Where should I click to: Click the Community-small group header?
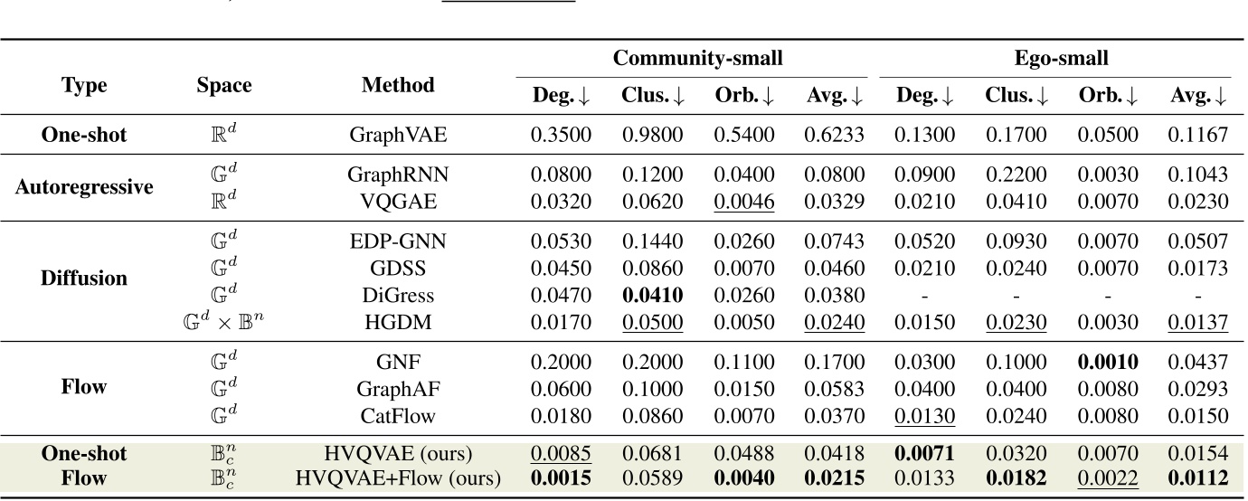[x=697, y=59]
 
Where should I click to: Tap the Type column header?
[x=84, y=85]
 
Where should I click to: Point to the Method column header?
[x=398, y=85]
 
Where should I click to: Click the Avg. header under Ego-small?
[x=1197, y=95]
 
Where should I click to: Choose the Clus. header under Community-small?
[x=652, y=95]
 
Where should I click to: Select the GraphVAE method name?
[x=398, y=136]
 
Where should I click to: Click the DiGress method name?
[x=398, y=295]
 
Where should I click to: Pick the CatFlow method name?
[x=398, y=415]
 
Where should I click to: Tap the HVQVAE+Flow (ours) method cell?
[x=398, y=477]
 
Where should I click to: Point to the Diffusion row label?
[x=84, y=278]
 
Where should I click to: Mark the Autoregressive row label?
[x=84, y=187]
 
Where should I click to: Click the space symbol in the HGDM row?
[x=224, y=321]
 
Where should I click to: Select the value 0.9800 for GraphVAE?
[x=652, y=136]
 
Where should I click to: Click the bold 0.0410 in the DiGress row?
[x=652, y=295]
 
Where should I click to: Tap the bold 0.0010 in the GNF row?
[x=1107, y=363]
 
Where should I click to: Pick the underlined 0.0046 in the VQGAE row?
[x=743, y=202]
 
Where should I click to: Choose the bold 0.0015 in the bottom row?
[x=561, y=477]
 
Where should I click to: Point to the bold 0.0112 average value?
[x=1197, y=477]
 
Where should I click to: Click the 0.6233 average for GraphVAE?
[x=834, y=136]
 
